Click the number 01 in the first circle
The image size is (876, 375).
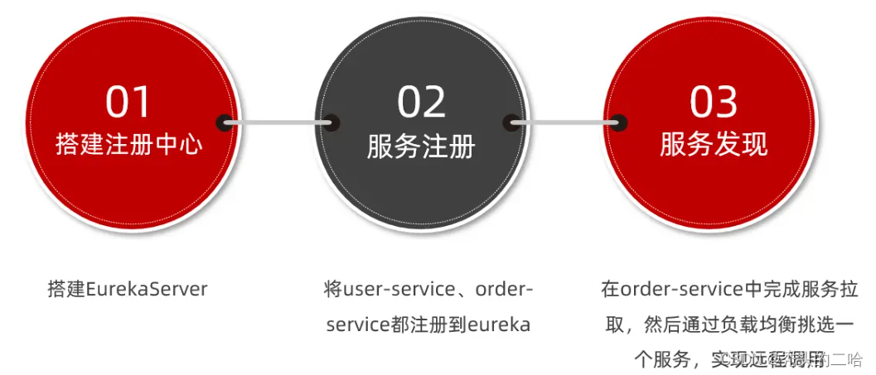point(128,102)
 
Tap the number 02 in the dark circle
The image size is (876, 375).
point(421,102)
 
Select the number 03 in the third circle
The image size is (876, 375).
point(714,102)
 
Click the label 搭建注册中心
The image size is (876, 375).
point(128,145)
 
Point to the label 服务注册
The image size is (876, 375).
point(421,147)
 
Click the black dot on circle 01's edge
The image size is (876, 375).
point(225,123)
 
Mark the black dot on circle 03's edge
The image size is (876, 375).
point(618,123)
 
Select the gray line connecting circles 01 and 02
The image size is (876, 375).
point(278,123)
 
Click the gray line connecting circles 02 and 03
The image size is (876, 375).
point(565,123)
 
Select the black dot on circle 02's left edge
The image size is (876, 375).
point(331,123)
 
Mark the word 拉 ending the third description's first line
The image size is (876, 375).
point(849,290)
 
